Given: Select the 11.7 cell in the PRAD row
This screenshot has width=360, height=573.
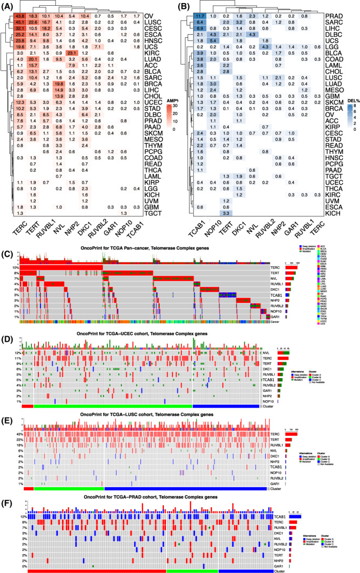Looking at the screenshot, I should point(201,17).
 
